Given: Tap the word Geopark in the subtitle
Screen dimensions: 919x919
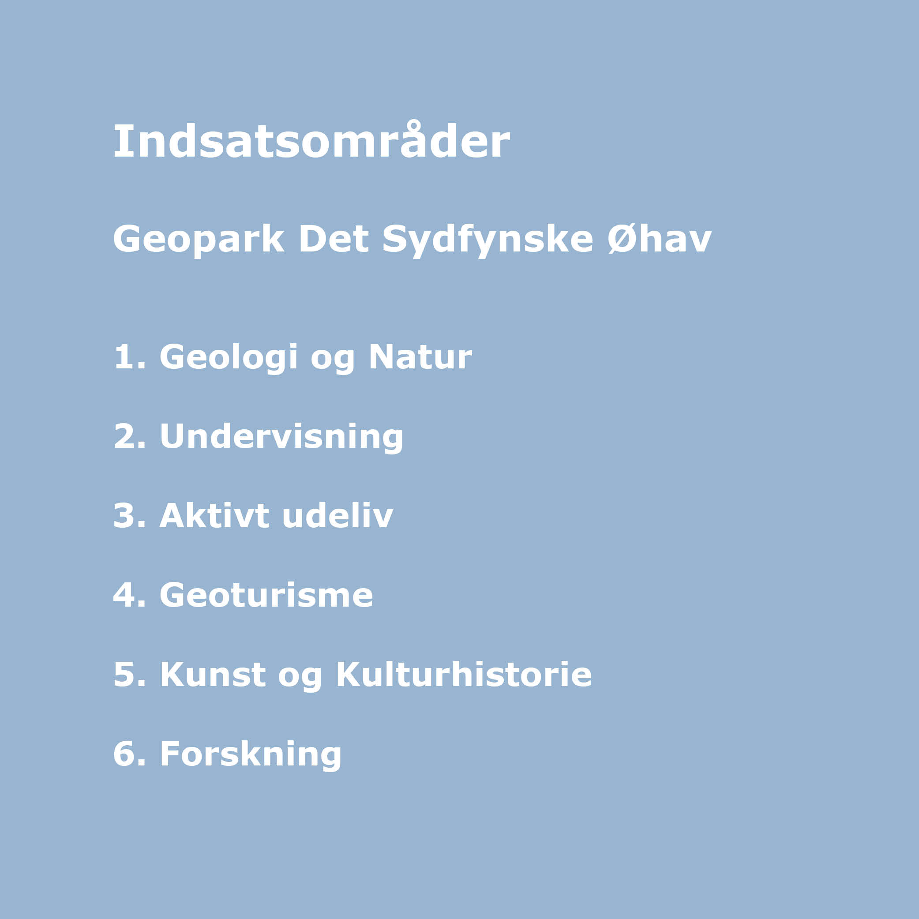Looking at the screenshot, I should pyautogui.click(x=199, y=239).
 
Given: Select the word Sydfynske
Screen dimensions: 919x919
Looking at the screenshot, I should pyautogui.click(x=488, y=239).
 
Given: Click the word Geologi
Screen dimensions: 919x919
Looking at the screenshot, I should pyautogui.click(x=229, y=358).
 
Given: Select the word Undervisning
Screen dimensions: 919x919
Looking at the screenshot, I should pyautogui.click(x=281, y=437).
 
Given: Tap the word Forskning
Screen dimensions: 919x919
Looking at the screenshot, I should pyautogui.click(x=251, y=755).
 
